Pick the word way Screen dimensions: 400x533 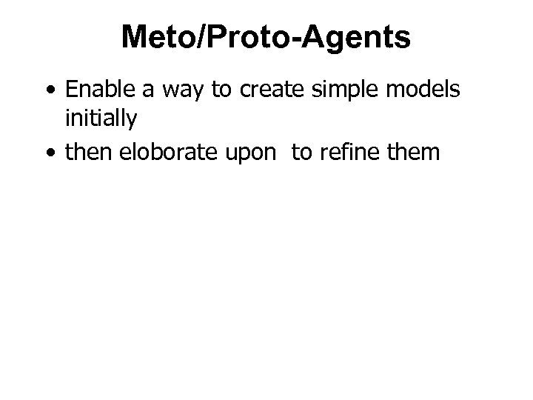(x=170, y=91)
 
